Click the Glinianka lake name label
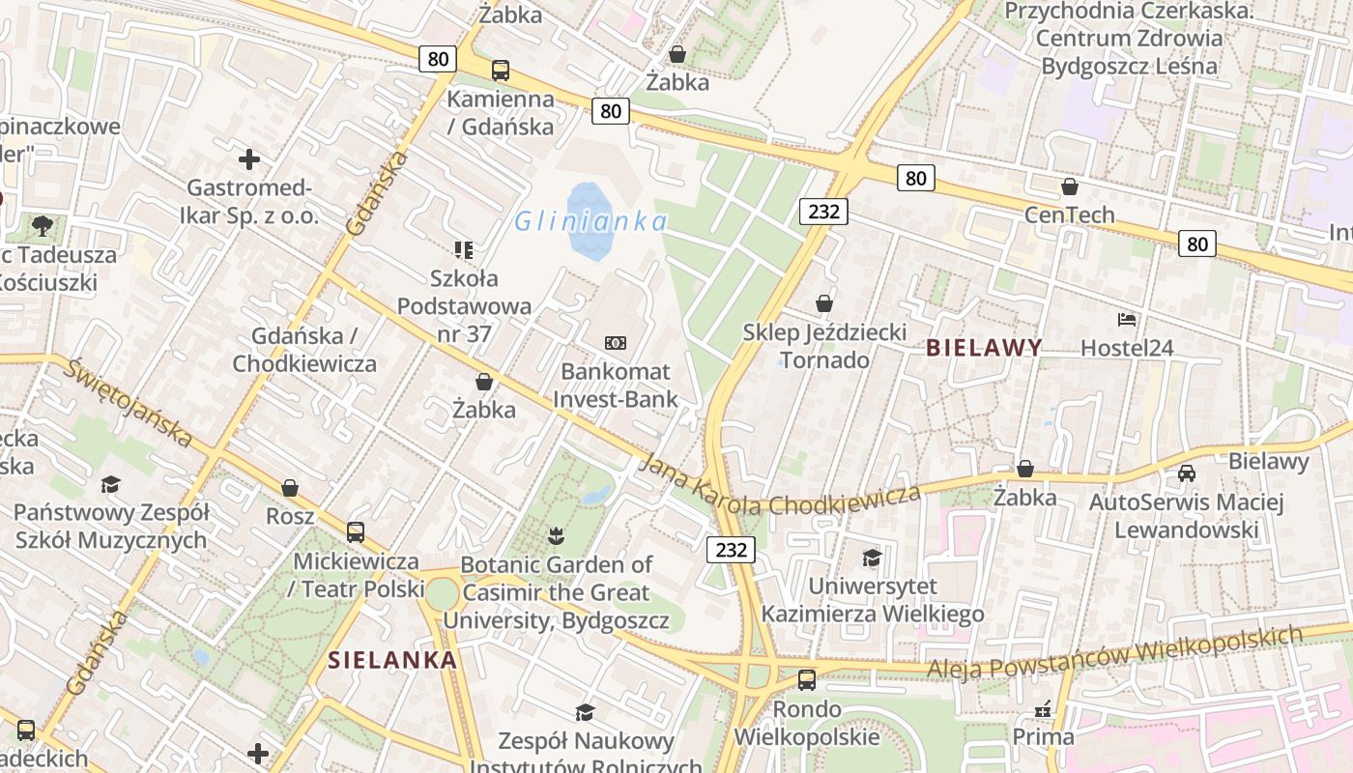pos(590,222)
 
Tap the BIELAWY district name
pos(984,348)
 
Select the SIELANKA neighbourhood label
pos(391,660)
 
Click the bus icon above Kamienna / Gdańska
pos(500,71)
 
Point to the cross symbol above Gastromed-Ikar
pos(249,158)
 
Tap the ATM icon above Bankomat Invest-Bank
pos(616,343)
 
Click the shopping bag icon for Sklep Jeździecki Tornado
pos(824,304)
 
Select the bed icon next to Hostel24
pos(1126,320)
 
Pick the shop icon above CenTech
pos(1070,186)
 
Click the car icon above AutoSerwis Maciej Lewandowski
pos(1187,473)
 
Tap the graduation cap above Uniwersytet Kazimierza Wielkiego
pos(872,558)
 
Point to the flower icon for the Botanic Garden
pos(556,534)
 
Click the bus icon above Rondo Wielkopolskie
pos(806,680)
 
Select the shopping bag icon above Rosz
pos(290,488)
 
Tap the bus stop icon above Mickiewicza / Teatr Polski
pos(356,532)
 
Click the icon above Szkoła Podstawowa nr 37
pos(464,250)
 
